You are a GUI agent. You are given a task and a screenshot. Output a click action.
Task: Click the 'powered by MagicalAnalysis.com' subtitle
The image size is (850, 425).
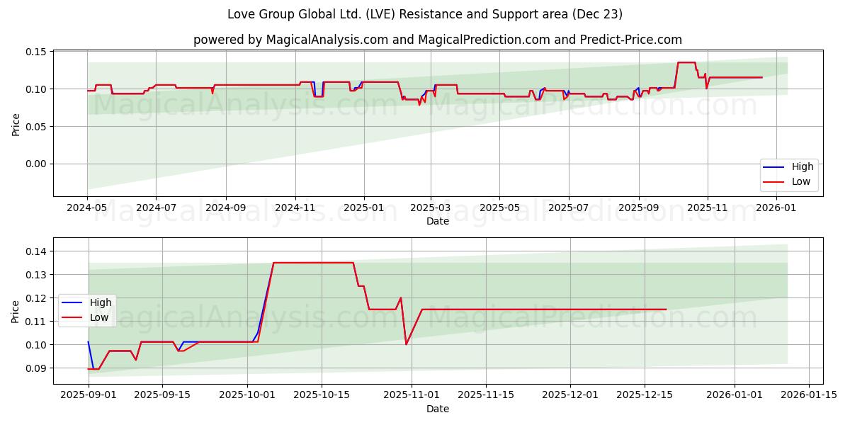[437, 40]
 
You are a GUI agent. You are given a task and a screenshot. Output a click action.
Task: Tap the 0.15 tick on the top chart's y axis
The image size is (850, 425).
[36, 52]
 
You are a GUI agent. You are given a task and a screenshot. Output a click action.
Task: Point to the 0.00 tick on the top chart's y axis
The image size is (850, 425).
[36, 164]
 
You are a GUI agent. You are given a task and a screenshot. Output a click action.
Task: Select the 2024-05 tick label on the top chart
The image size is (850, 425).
[87, 208]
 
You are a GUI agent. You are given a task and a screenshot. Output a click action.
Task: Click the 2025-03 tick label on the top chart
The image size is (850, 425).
[431, 208]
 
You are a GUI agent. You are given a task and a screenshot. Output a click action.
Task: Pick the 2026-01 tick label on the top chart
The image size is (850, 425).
[777, 208]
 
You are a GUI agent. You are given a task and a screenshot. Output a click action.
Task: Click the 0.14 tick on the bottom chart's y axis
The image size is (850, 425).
[36, 251]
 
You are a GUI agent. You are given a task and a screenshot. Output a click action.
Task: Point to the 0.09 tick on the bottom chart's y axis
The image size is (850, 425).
[36, 368]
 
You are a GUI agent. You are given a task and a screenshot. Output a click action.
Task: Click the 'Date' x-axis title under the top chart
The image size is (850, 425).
[437, 221]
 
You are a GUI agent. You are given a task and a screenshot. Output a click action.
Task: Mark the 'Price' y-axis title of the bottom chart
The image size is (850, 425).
[16, 311]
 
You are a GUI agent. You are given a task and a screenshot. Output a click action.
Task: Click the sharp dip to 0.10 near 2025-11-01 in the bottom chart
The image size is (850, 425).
[406, 344]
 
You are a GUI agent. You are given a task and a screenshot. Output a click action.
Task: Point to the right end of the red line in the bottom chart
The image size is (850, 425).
[666, 310]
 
